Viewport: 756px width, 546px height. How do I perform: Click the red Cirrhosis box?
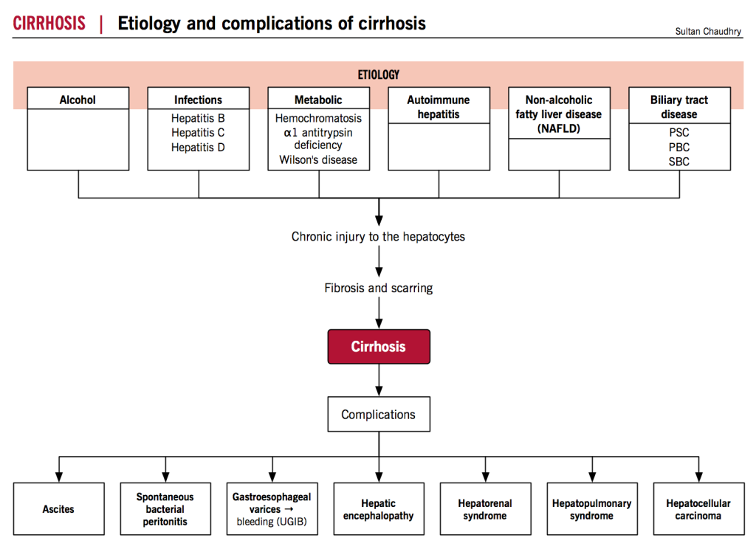(x=379, y=347)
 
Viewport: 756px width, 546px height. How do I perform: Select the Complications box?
(x=379, y=415)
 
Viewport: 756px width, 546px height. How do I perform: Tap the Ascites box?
(x=58, y=509)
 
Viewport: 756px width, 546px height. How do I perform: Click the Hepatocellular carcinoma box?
(x=698, y=509)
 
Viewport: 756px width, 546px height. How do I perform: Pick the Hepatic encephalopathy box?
(x=379, y=509)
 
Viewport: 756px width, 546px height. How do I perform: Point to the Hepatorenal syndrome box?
(x=485, y=509)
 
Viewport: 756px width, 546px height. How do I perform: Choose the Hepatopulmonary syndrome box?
(x=591, y=509)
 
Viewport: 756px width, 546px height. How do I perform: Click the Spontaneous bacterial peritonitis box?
(x=165, y=509)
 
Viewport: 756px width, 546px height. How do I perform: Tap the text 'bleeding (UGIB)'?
(x=272, y=522)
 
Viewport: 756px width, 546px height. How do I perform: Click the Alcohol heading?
(x=78, y=100)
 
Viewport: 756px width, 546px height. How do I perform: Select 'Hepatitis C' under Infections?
(x=198, y=133)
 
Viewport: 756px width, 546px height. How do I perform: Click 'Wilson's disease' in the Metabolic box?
(x=318, y=159)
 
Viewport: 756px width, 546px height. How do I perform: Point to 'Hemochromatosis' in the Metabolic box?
(x=318, y=118)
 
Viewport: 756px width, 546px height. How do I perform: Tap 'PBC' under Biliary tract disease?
(x=679, y=147)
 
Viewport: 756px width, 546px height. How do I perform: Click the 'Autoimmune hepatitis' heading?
(x=439, y=107)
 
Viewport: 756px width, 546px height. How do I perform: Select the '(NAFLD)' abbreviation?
(x=559, y=128)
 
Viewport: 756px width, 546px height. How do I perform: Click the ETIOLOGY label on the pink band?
(x=379, y=75)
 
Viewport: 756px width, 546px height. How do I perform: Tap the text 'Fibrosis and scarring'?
(x=379, y=288)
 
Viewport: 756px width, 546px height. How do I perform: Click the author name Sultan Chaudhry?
(x=709, y=31)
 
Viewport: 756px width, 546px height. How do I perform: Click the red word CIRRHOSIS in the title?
(x=49, y=23)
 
